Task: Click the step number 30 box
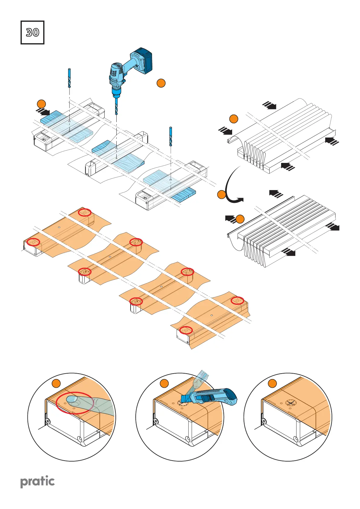point(32,32)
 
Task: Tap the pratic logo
point(37,481)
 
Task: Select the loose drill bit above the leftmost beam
point(70,78)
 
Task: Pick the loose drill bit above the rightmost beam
point(171,136)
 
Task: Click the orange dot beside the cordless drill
point(161,83)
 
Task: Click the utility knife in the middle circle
point(212,397)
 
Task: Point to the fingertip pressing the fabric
point(72,400)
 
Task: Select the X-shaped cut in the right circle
point(290,403)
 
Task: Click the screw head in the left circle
point(48,420)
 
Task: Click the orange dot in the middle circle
point(164,384)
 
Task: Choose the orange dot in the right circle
point(272,384)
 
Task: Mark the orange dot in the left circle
point(56,384)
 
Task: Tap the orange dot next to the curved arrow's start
point(222,195)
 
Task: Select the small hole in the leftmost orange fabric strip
point(59,227)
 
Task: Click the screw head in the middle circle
point(156,421)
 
